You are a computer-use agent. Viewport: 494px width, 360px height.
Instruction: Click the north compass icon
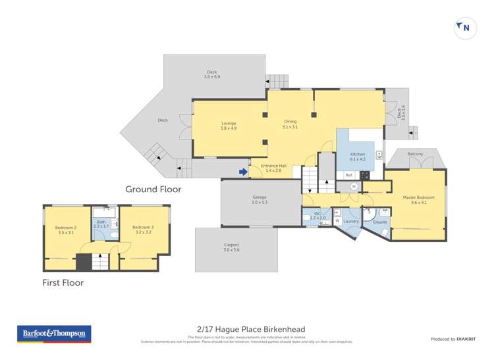pos(465,28)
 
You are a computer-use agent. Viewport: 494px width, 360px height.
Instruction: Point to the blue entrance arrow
pos(243,172)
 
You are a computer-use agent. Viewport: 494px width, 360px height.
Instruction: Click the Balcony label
pos(415,154)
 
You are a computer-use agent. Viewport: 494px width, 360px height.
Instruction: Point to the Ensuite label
pos(380,222)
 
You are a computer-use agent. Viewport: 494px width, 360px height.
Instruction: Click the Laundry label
pos(350,221)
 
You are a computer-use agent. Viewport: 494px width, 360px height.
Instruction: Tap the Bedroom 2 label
pos(66,230)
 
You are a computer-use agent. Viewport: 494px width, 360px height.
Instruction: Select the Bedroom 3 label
pos(144,230)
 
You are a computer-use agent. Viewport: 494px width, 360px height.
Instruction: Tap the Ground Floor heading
pos(153,190)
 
